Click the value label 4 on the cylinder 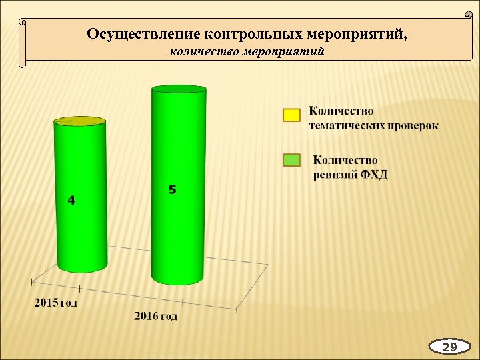71,200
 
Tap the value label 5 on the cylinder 172,191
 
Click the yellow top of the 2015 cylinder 80,121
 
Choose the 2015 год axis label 56,303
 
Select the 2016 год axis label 155,315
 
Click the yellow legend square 291,116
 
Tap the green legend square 291,161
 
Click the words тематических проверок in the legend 374,125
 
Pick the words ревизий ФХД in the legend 351,175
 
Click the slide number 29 450,347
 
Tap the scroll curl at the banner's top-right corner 467,15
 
